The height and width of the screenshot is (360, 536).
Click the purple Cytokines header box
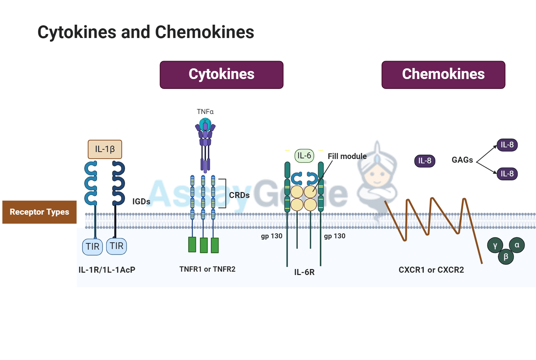[x=221, y=75]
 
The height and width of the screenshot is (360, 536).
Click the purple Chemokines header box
[x=443, y=75]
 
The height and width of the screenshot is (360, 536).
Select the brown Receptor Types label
[x=39, y=212]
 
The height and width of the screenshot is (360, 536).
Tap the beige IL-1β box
[x=105, y=149]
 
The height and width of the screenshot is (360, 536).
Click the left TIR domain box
[x=92, y=247]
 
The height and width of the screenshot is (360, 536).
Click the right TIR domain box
[x=116, y=246]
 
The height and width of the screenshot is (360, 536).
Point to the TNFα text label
[x=205, y=112]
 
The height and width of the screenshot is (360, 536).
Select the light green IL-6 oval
[x=304, y=156]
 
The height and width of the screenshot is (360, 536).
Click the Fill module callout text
[x=347, y=156]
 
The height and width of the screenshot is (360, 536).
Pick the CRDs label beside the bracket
[x=239, y=195]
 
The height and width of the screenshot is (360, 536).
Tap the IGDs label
[x=141, y=202]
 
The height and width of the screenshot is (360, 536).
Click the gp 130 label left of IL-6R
[x=271, y=236]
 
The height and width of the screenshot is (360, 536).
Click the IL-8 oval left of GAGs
[x=424, y=161]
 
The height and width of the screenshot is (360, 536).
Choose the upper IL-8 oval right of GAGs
[x=507, y=145]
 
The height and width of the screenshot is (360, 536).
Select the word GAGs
[x=462, y=160]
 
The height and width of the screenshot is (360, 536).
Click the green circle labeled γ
[x=495, y=246]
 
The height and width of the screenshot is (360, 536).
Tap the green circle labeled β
[x=506, y=257]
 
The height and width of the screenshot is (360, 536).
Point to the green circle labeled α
[x=517, y=245]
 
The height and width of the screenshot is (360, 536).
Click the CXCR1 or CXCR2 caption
[x=431, y=270]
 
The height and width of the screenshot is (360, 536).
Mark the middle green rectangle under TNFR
[x=204, y=245]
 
